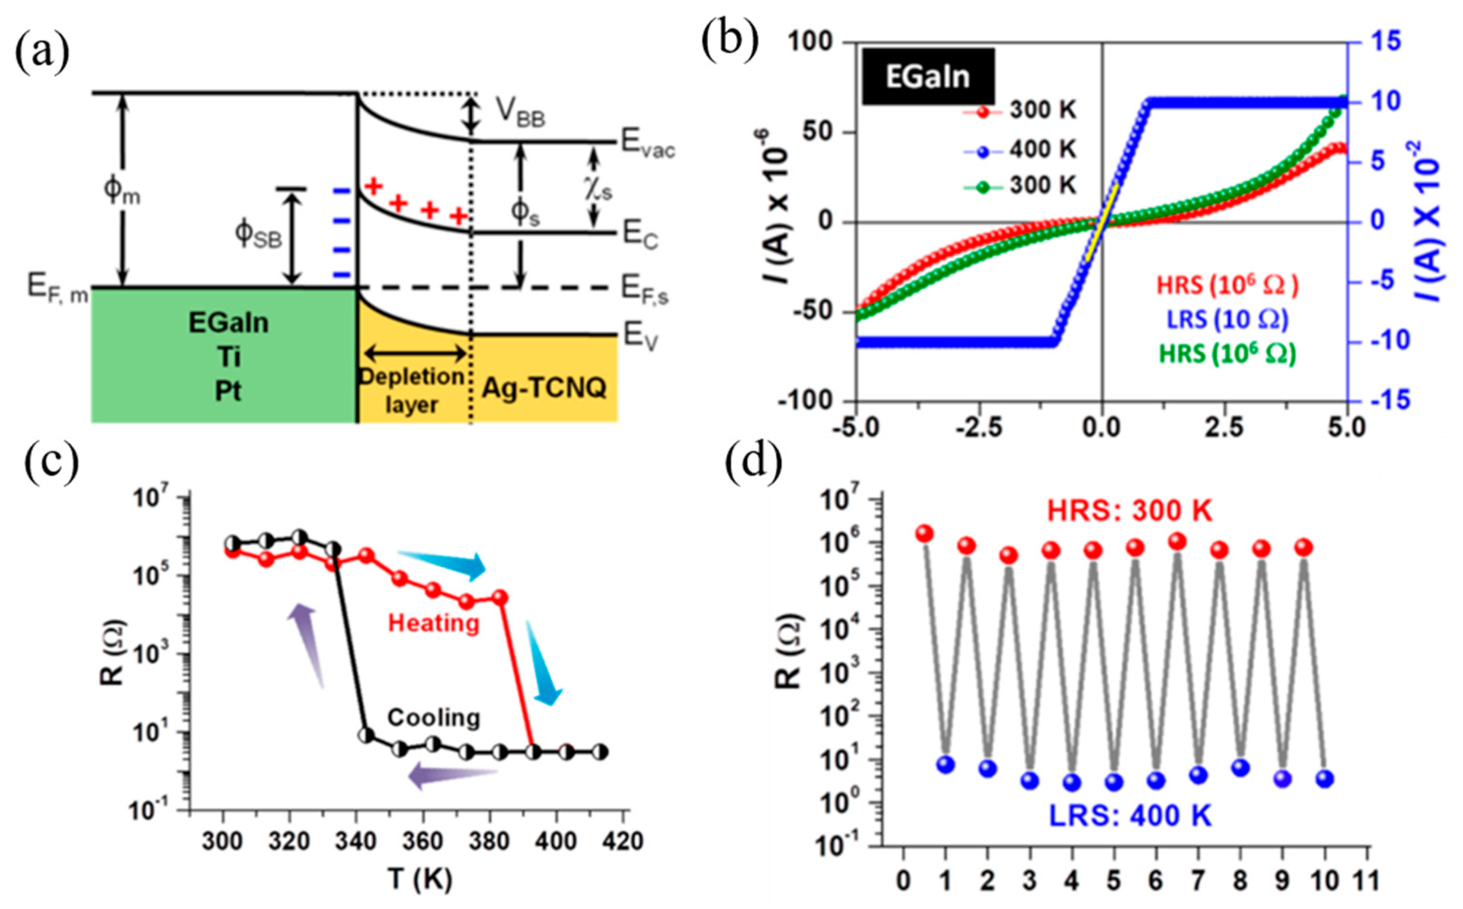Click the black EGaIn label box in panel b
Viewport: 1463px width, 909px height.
point(928,76)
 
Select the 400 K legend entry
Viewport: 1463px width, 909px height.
point(1042,149)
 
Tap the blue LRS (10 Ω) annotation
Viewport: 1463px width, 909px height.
point(1227,319)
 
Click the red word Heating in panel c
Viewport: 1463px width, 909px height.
point(433,623)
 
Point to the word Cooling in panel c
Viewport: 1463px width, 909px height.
point(433,717)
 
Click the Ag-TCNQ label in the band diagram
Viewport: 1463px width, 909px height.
point(544,388)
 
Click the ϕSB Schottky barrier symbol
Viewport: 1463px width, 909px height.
point(258,234)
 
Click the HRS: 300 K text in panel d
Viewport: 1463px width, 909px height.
point(1129,511)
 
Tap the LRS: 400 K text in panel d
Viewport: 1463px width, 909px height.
point(1130,816)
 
